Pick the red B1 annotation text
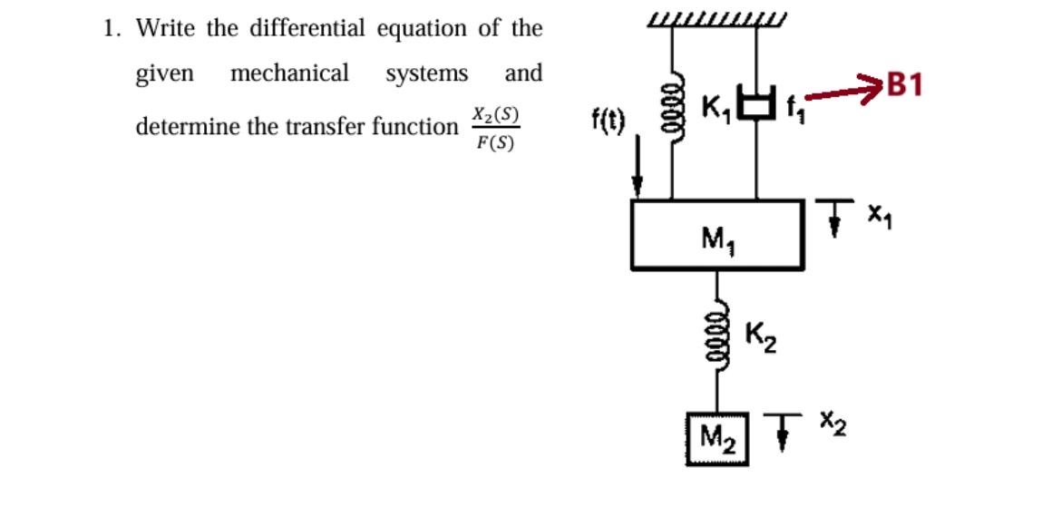click(x=905, y=85)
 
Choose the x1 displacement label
click(x=876, y=216)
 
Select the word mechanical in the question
click(x=289, y=73)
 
